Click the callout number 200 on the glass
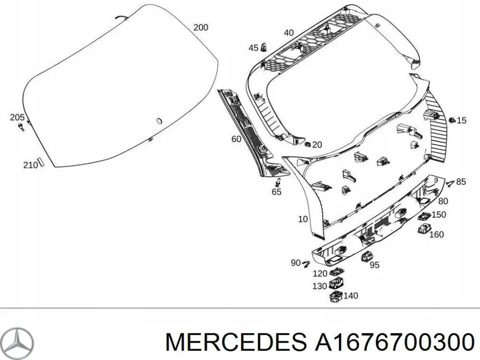tap(201, 28)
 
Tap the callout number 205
tap(18, 117)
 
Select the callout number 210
tap(30, 165)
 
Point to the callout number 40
tap(289, 33)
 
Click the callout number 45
tap(253, 48)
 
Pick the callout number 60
tap(236, 139)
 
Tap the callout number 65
tap(277, 192)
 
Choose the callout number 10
tap(303, 219)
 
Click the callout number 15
tap(461, 120)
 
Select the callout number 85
tap(461, 181)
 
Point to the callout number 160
tap(436, 234)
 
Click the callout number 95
tap(374, 265)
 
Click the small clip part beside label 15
tap(452, 120)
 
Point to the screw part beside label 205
tap(21, 127)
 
